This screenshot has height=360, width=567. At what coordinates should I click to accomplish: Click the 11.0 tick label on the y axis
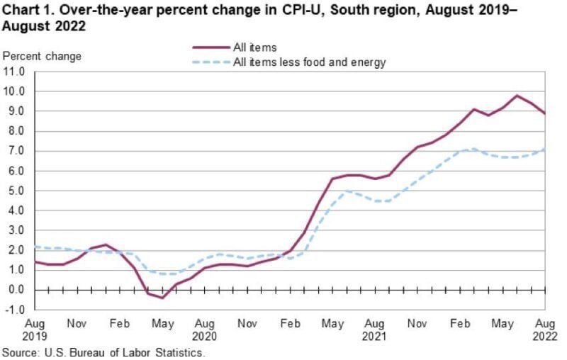[14, 72]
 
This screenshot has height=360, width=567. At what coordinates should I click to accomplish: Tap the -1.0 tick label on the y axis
[15, 310]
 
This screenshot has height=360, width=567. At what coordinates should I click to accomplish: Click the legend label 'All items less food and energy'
[309, 62]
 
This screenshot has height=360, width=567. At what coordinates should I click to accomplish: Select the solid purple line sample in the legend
[210, 48]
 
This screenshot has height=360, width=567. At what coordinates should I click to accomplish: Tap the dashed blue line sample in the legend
[210, 63]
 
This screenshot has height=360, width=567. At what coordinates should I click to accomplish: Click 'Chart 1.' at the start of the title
[26, 10]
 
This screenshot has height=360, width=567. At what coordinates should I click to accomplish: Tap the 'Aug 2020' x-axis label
[205, 327]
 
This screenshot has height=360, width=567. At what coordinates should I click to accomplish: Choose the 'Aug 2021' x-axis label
[376, 327]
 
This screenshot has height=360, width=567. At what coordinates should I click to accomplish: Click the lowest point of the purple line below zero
[162, 298]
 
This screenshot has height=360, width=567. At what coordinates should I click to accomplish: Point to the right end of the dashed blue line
[545, 149]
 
